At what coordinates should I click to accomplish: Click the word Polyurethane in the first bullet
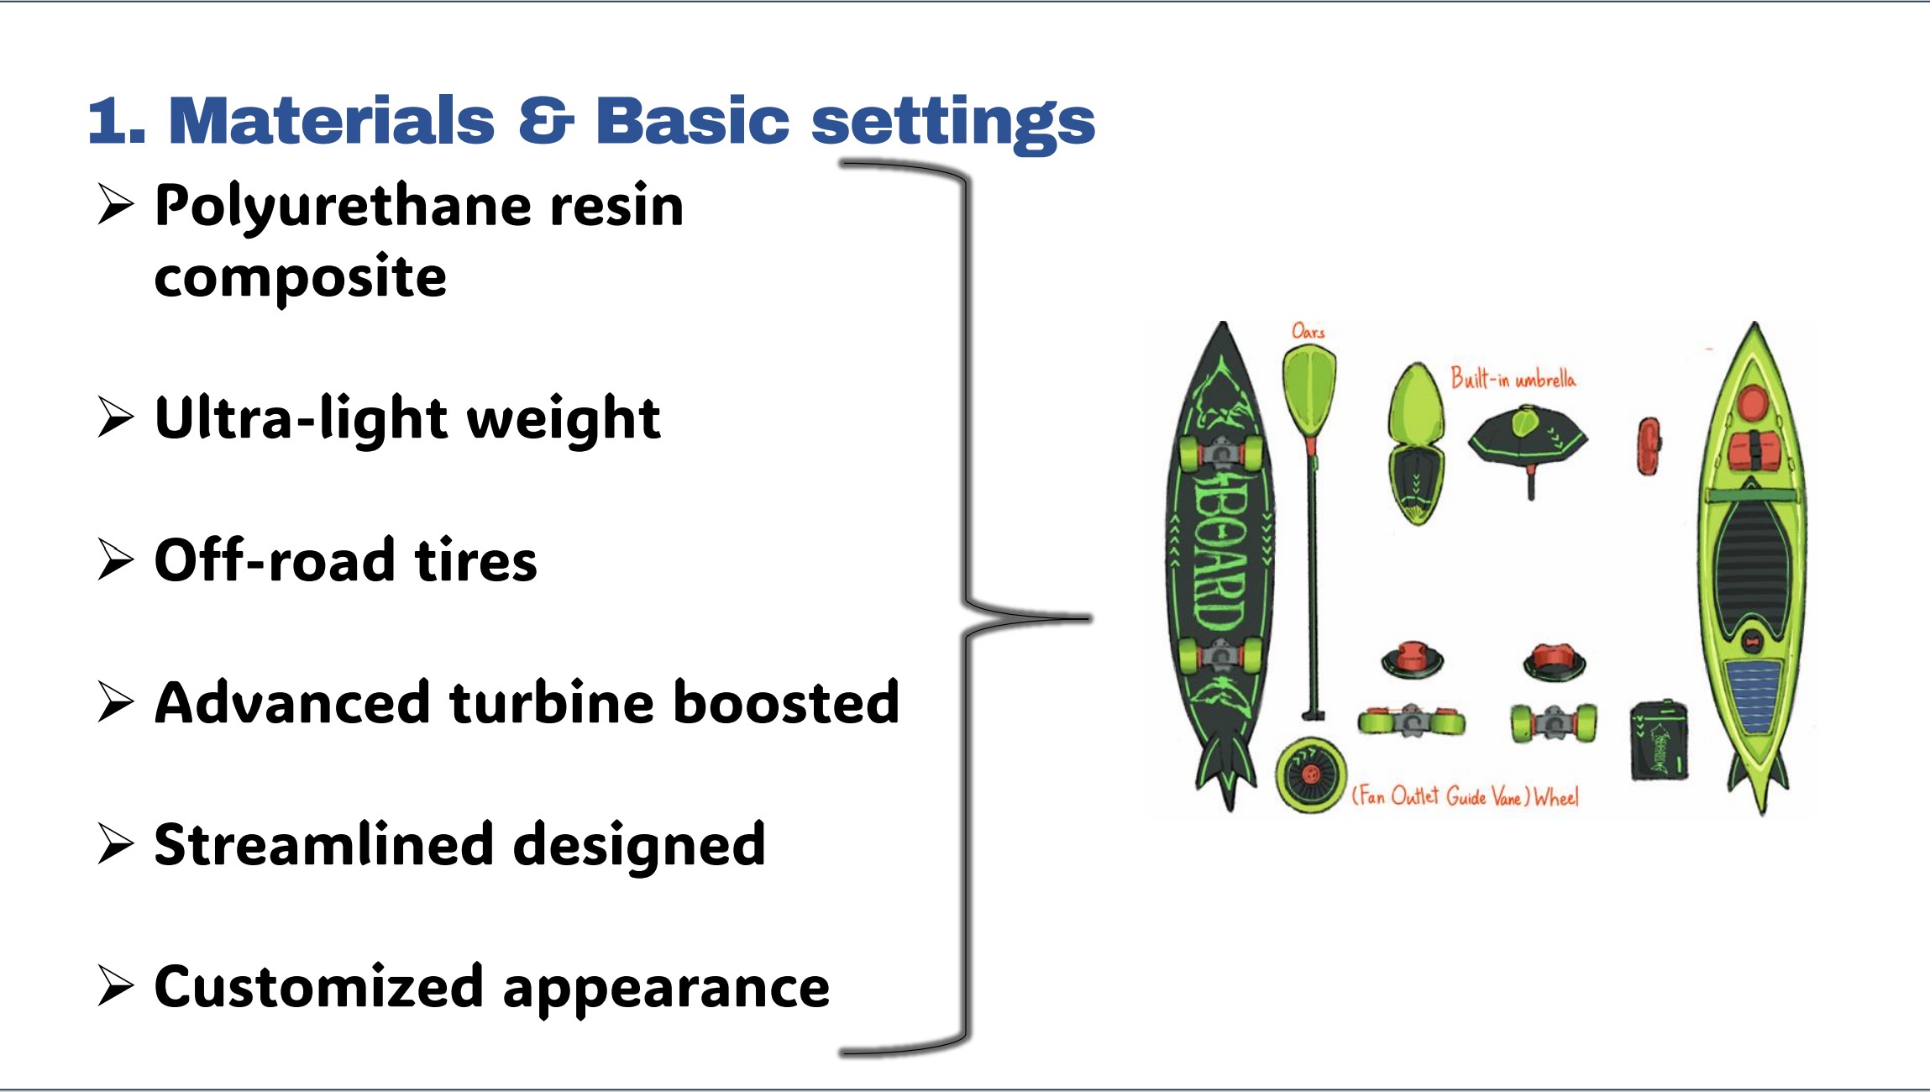pos(343,207)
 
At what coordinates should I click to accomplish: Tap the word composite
pos(300,278)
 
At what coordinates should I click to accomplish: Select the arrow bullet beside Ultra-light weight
pos(116,417)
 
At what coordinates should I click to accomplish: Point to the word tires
pos(475,559)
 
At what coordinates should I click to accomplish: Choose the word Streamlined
pos(324,844)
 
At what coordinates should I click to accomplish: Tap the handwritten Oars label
pos(1308,331)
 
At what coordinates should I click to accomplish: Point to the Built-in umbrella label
pos(1513,378)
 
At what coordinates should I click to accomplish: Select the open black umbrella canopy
pos(1529,437)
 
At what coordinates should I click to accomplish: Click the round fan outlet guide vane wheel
pos(1310,774)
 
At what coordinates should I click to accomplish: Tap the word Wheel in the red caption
pos(1556,796)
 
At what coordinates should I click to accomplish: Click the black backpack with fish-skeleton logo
pos(1659,740)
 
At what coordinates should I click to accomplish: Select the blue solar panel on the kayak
pos(1752,694)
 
